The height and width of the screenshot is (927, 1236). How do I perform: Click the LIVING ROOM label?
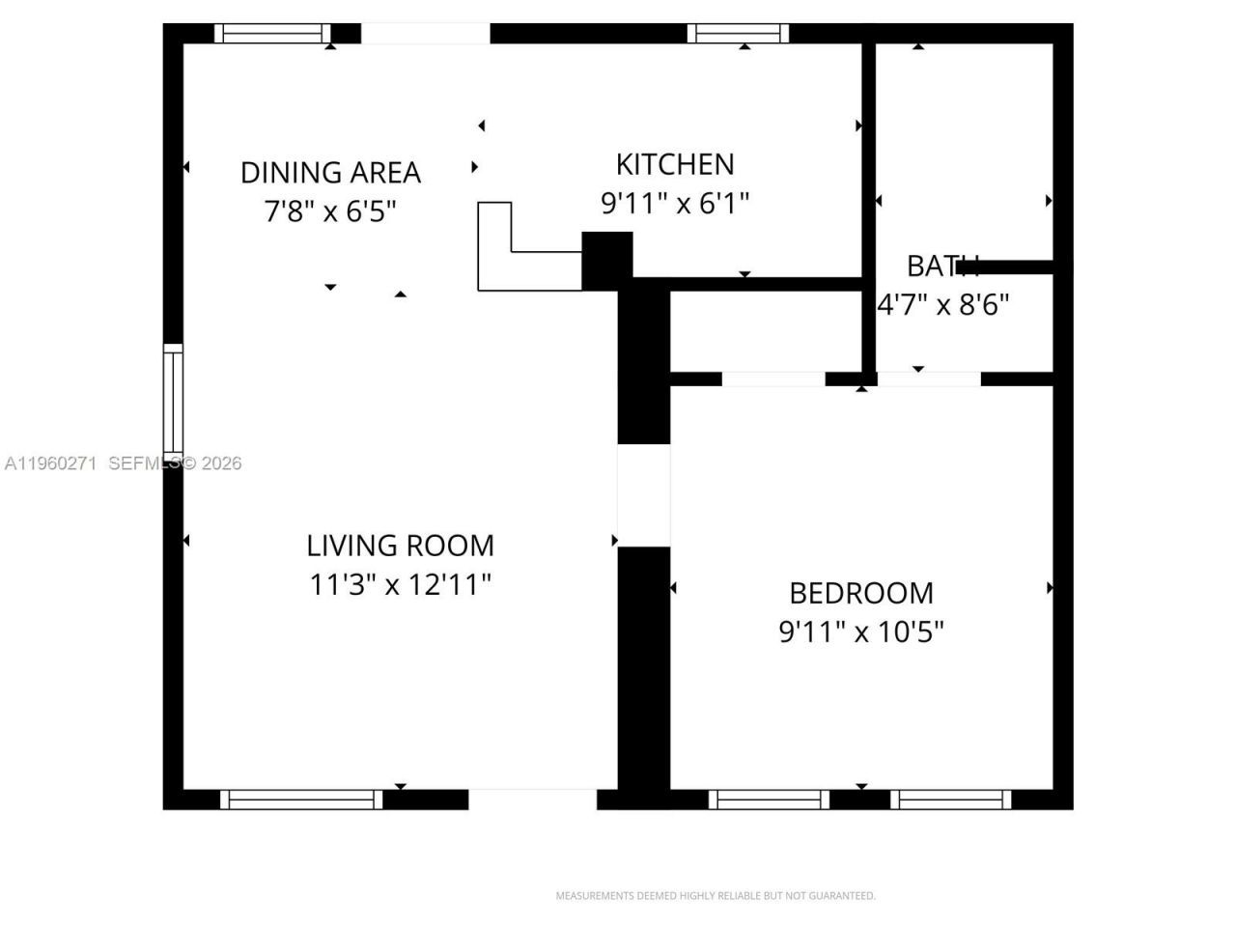400,546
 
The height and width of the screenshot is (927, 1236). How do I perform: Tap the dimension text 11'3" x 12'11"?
400,585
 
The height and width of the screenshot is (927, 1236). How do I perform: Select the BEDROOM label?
860,593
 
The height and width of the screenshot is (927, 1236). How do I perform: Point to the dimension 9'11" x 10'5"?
860,632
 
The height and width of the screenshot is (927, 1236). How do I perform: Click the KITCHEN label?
675,164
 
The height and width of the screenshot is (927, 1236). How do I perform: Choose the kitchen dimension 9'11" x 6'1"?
675,204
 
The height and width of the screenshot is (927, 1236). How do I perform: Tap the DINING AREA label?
330,173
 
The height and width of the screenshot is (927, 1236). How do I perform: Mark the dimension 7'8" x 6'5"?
330,211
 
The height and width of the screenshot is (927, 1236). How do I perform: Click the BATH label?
941,266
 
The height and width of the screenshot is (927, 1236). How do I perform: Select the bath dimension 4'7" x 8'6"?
942,305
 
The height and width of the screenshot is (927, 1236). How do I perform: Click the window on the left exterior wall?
173,399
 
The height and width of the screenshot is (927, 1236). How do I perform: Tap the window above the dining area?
272,34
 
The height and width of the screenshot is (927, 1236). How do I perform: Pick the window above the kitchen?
738,34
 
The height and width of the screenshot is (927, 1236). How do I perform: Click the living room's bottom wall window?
301,800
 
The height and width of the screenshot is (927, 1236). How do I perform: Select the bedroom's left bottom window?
769,800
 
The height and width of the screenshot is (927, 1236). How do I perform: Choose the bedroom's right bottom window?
950,800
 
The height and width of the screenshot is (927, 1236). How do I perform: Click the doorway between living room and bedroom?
643,495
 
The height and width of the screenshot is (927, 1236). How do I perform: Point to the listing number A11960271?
50,463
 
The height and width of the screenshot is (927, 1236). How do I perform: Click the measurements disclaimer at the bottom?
715,896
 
